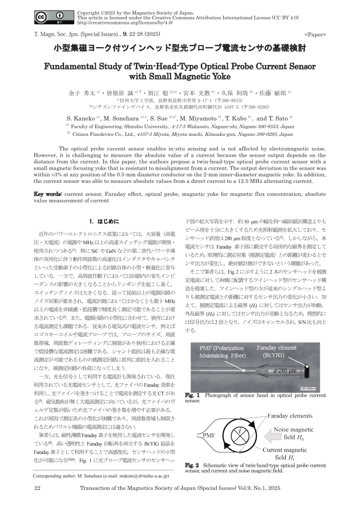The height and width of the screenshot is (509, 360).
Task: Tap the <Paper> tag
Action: coord(315,34)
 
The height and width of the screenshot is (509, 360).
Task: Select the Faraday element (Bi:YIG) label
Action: coord(276,351)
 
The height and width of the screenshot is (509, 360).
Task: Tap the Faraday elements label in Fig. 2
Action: coord(289,416)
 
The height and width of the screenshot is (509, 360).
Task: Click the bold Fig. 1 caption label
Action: coord(192,395)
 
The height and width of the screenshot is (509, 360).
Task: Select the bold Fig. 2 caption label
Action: coord(192,465)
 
